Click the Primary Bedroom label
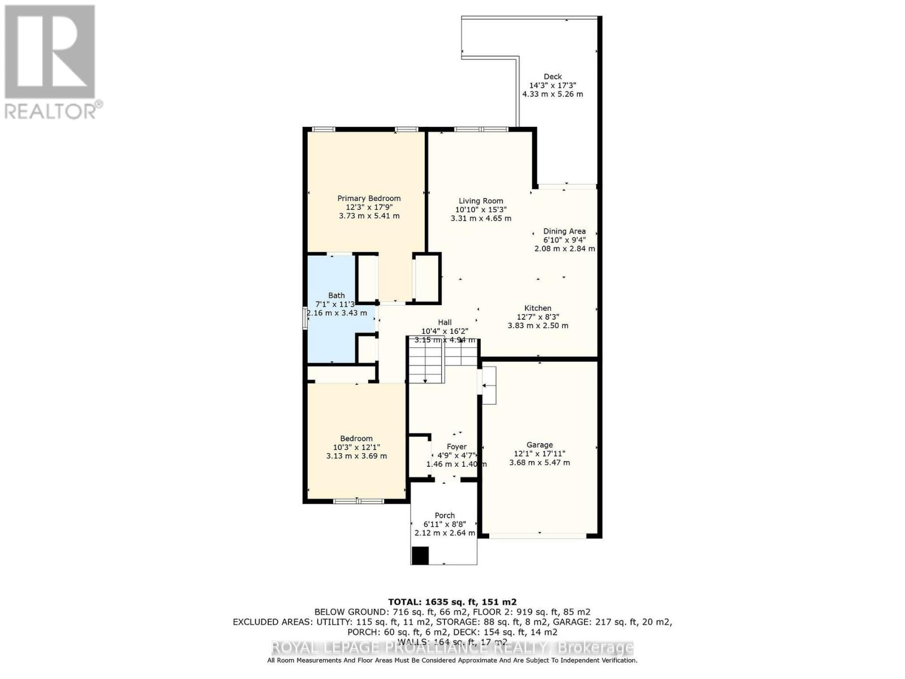[x=369, y=199]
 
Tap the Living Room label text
[x=481, y=201]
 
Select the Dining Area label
[x=564, y=231]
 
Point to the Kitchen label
[x=537, y=308]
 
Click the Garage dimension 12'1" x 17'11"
[x=539, y=453]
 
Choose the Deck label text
[x=553, y=77]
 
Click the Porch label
[x=445, y=515]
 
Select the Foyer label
[x=456, y=447]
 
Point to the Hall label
[x=445, y=323]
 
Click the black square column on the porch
[x=420, y=556]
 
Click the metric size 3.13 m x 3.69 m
[x=356, y=456]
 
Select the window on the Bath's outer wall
[x=305, y=318]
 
